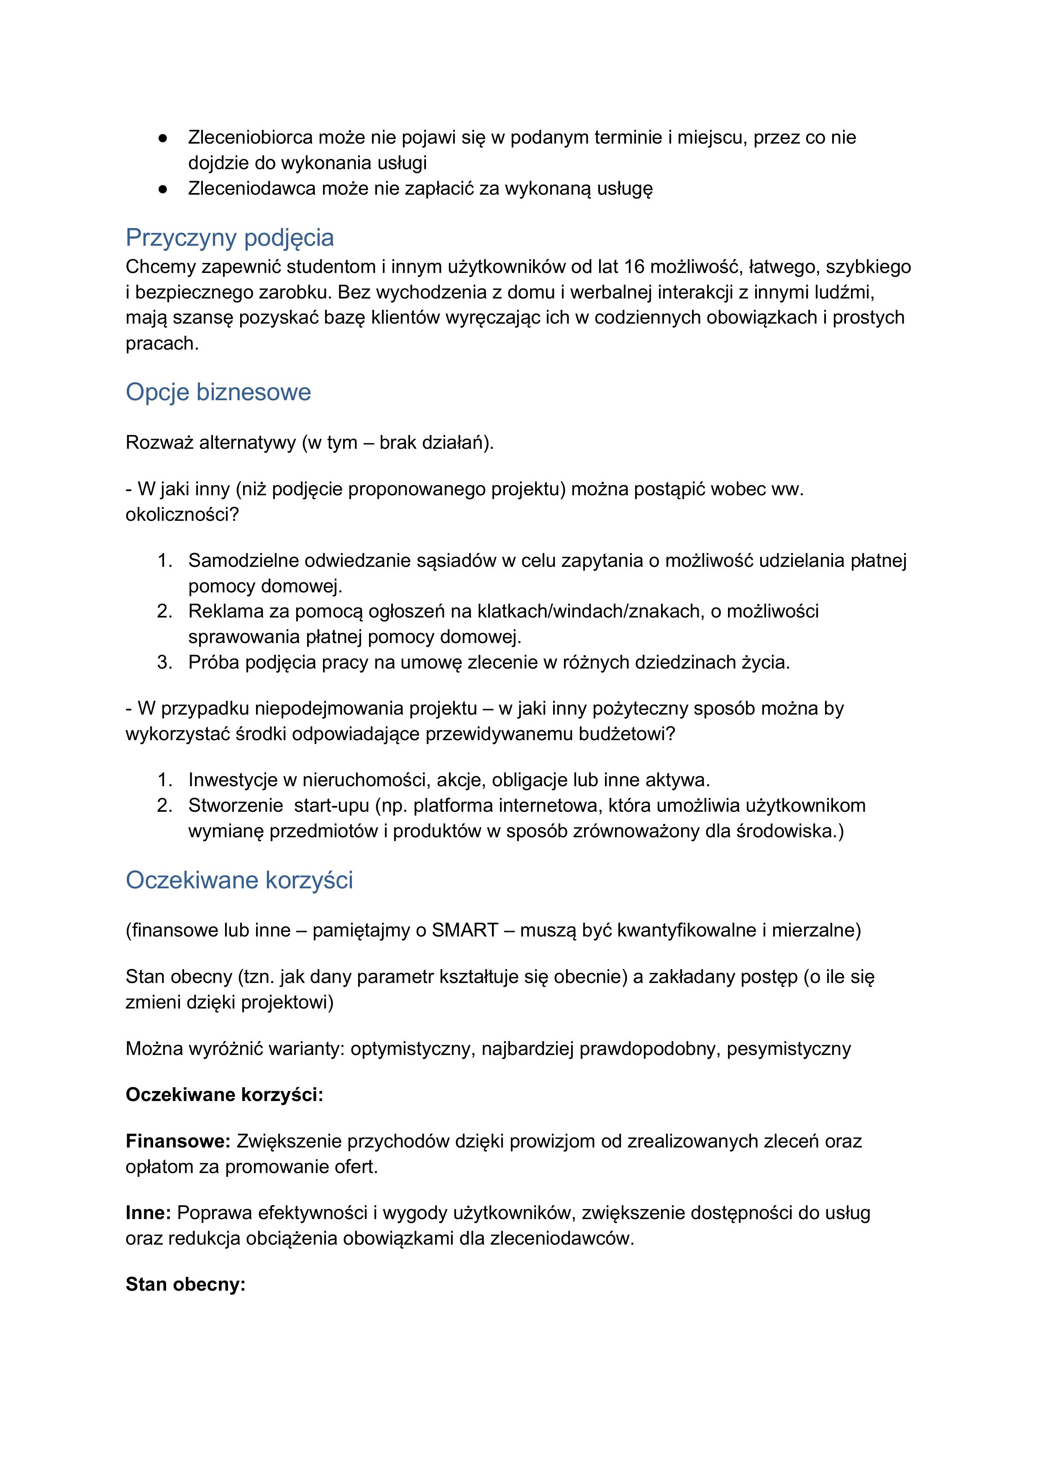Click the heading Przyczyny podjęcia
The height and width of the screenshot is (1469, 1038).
[x=230, y=238]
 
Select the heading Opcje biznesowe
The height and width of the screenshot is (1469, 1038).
[x=218, y=392]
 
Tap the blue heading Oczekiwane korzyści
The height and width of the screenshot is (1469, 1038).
[x=239, y=880]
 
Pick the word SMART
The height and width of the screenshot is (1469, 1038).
[x=465, y=930]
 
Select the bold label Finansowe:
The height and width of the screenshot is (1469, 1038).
[x=178, y=1142]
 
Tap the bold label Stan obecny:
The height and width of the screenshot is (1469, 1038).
[x=185, y=1285]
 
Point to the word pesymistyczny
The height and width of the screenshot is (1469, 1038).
[x=789, y=1049]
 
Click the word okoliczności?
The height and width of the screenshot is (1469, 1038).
[x=182, y=515]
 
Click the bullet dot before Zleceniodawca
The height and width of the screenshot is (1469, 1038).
[x=163, y=189]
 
